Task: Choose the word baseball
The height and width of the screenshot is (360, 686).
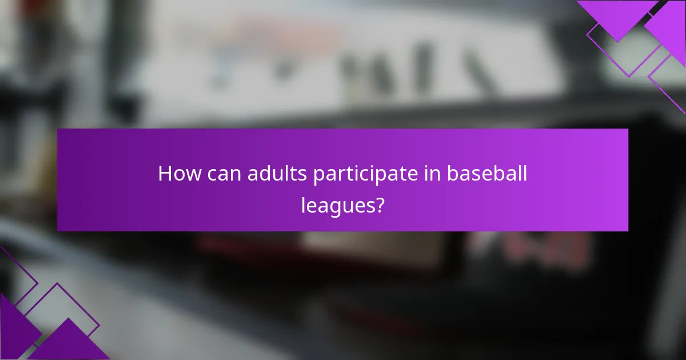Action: (x=487, y=174)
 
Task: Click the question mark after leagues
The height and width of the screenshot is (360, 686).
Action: (x=378, y=205)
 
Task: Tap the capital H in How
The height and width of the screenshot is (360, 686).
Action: (x=165, y=174)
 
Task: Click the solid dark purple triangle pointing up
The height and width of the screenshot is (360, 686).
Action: (x=69, y=343)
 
